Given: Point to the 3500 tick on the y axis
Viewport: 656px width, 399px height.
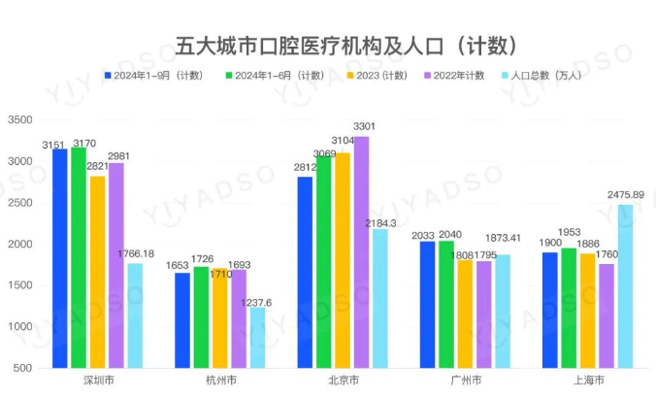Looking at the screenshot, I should pyautogui.click(x=19, y=119).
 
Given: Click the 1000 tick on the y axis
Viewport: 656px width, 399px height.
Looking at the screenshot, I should pyautogui.click(x=19, y=327).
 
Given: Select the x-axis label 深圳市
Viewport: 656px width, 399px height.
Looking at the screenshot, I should pyautogui.click(x=96, y=382).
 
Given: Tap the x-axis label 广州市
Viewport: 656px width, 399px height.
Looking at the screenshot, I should pyautogui.click(x=466, y=382).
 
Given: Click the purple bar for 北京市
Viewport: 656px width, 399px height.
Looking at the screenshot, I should pyautogui.click(x=360, y=252).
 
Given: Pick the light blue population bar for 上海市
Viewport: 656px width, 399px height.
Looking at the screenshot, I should pyautogui.click(x=625, y=286).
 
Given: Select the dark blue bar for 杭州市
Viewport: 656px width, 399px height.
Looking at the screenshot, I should pyautogui.click(x=182, y=320).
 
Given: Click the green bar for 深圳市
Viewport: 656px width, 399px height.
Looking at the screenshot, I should pyautogui.click(x=79, y=258).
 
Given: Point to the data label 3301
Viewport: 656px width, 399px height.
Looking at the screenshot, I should pyautogui.click(x=365, y=127).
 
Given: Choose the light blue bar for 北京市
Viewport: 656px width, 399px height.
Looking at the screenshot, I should pyautogui.click(x=378, y=298).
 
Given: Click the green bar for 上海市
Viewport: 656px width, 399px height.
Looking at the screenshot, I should pyautogui.click(x=569, y=308).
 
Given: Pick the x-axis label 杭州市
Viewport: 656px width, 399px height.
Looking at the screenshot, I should pyautogui.click(x=219, y=382).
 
